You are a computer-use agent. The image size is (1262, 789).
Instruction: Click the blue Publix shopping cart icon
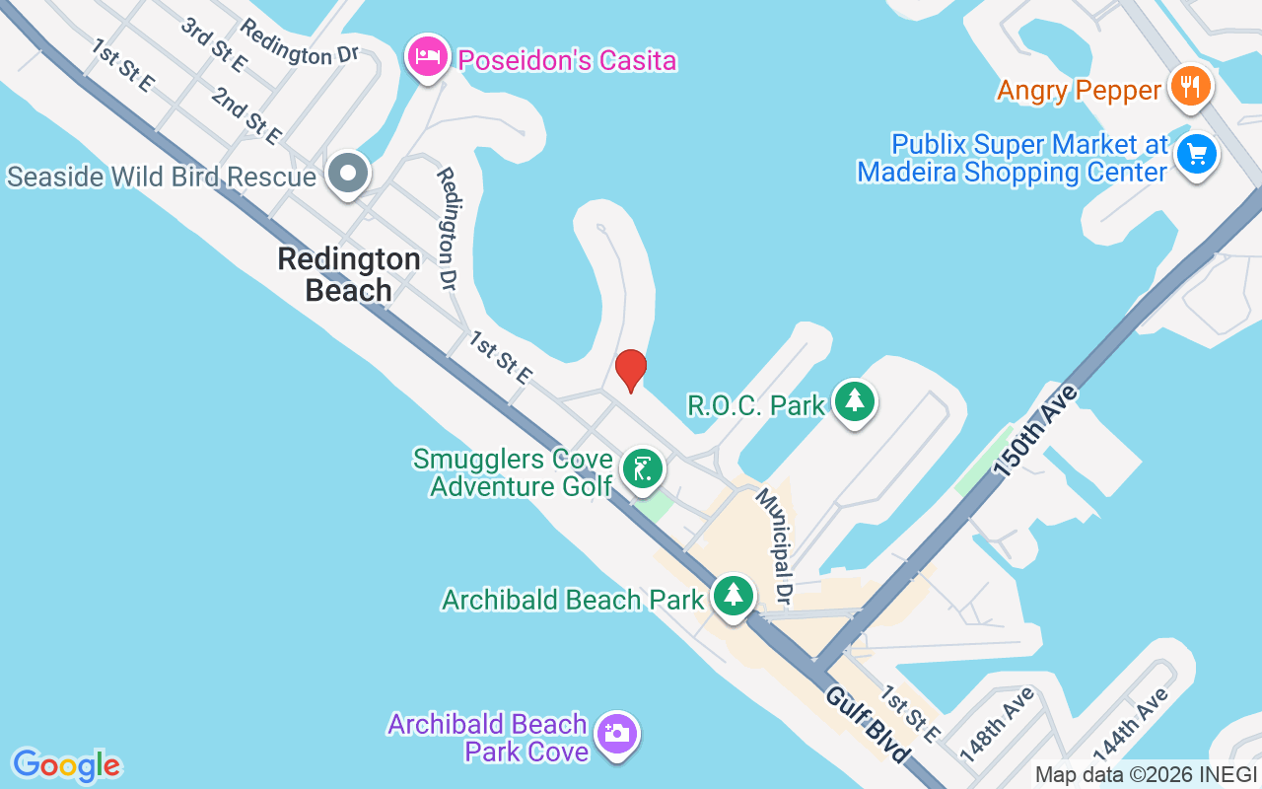pyautogui.click(x=1197, y=155)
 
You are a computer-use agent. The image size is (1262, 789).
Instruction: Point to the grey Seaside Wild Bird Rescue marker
pyautogui.click(x=347, y=175)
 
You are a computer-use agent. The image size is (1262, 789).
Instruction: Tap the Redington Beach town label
pyautogui.click(x=349, y=275)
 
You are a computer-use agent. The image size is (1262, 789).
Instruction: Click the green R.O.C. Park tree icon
pyautogui.click(x=854, y=401)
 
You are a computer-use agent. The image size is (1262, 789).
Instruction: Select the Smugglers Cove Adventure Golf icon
pyautogui.click(x=642, y=468)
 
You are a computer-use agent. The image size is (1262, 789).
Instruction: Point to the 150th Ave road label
pyautogui.click(x=1036, y=431)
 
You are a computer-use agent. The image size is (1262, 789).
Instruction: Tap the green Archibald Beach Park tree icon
pyautogui.click(x=733, y=596)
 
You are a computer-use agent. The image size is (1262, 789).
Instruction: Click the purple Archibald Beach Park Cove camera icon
pyautogui.click(x=618, y=734)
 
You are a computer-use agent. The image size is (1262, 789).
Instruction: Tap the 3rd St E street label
pyautogui.click(x=213, y=43)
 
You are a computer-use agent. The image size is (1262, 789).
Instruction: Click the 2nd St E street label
pyautogui.click(x=246, y=114)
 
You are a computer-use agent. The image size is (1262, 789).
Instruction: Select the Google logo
pyautogui.click(x=66, y=765)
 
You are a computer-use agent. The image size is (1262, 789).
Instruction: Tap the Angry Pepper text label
pyautogui.click(x=1079, y=91)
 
